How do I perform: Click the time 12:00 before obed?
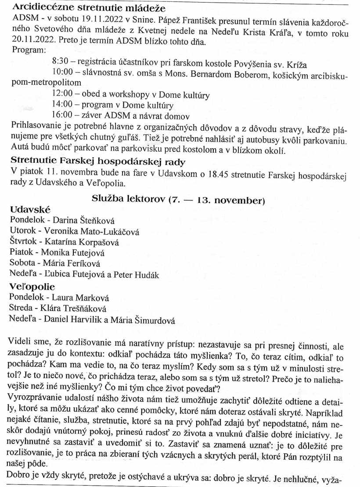[62, 94]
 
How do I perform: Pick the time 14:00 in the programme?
[62, 105]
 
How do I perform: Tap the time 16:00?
[62, 116]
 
